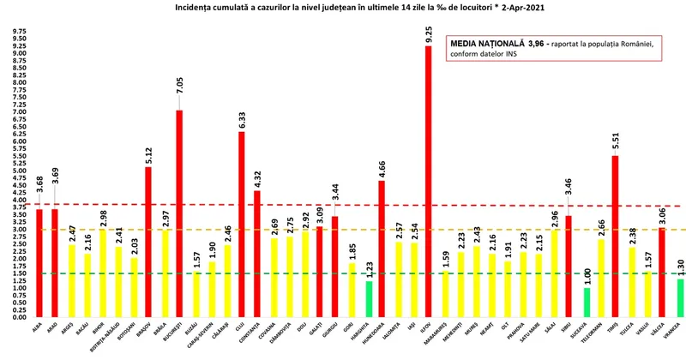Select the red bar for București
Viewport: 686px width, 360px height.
[x=178, y=214]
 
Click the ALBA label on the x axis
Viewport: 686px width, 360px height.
[x=38, y=327]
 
